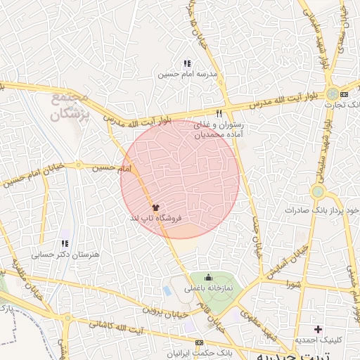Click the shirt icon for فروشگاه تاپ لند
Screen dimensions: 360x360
155,208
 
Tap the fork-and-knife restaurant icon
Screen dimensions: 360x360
219,112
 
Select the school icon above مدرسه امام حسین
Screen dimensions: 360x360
187,64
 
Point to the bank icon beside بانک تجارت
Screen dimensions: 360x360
345,94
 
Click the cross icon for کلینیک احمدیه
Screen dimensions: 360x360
319,329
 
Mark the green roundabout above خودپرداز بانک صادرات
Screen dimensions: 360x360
318,191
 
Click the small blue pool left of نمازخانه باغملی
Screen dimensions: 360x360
167,289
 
